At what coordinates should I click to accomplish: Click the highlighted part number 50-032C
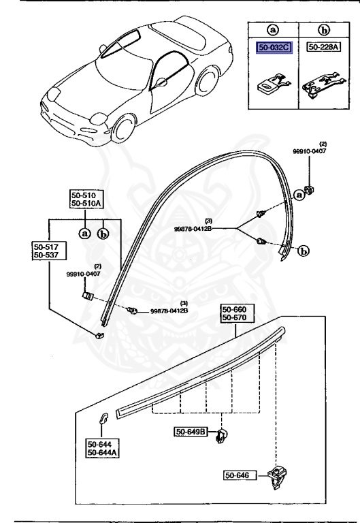273,47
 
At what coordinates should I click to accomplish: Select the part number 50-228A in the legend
322,47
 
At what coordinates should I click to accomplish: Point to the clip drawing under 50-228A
321,82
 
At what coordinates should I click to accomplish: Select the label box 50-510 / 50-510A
85,198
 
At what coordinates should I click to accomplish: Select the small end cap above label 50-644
105,419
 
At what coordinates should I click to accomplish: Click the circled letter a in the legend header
273,30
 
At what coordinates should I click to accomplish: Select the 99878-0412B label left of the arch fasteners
208,227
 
